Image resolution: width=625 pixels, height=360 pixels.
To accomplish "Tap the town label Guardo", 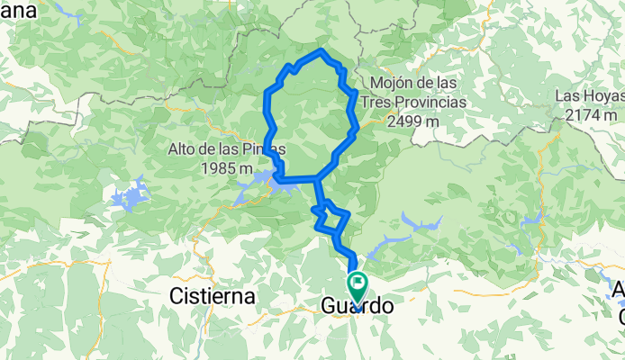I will [357, 307].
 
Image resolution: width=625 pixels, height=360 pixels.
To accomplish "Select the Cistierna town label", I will [213, 295].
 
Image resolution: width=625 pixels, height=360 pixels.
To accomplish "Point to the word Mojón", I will [385, 83].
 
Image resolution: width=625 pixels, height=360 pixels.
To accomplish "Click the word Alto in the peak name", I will [183, 148].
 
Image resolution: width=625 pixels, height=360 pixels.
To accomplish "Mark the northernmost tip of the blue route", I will [322, 49].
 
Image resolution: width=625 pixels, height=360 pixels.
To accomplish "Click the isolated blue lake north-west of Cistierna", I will [131, 196].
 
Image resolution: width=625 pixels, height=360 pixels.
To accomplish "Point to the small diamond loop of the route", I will [331, 218].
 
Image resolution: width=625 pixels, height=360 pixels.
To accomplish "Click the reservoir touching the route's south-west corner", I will [257, 185].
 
